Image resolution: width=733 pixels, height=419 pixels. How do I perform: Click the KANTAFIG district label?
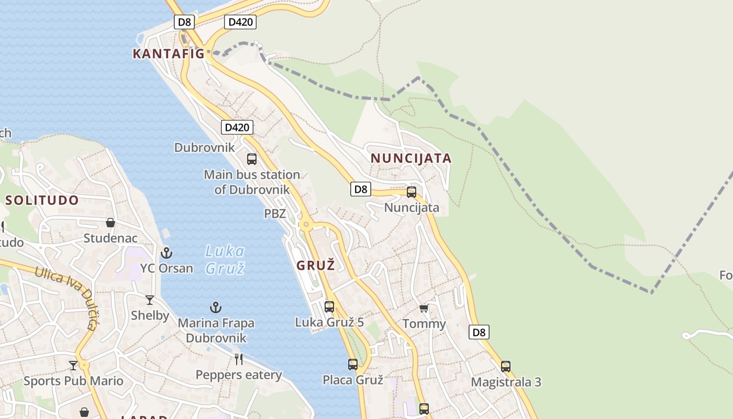(168, 53)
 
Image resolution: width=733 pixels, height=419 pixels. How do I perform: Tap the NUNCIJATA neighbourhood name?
(411, 158)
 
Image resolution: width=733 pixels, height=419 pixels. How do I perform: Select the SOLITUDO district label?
(42, 200)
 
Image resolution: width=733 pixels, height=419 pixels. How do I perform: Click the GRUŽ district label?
(315, 266)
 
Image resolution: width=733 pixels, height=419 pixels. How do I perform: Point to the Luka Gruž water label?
(225, 260)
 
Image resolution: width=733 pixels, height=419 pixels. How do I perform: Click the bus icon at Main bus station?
(252, 159)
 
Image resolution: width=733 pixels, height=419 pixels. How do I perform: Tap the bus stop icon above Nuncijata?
(412, 192)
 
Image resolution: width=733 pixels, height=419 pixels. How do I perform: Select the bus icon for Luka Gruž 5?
(329, 307)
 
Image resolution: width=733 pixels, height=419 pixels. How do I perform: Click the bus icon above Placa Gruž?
(353, 365)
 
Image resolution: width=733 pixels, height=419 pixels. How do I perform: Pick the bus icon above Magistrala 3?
(505, 367)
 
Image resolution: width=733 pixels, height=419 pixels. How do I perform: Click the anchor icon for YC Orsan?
(166, 253)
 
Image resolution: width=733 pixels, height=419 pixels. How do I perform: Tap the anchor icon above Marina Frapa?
(216, 307)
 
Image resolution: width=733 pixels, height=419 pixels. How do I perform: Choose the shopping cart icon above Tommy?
(424, 308)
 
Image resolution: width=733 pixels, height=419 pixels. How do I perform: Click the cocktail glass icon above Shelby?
(150, 300)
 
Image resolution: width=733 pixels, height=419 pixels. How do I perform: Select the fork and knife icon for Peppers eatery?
(239, 359)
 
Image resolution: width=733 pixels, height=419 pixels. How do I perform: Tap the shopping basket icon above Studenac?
(110, 223)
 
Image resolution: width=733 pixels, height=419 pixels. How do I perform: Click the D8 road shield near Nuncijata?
(361, 189)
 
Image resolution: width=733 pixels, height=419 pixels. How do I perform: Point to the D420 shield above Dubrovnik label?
(237, 127)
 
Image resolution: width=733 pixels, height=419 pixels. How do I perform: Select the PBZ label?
(275, 214)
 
